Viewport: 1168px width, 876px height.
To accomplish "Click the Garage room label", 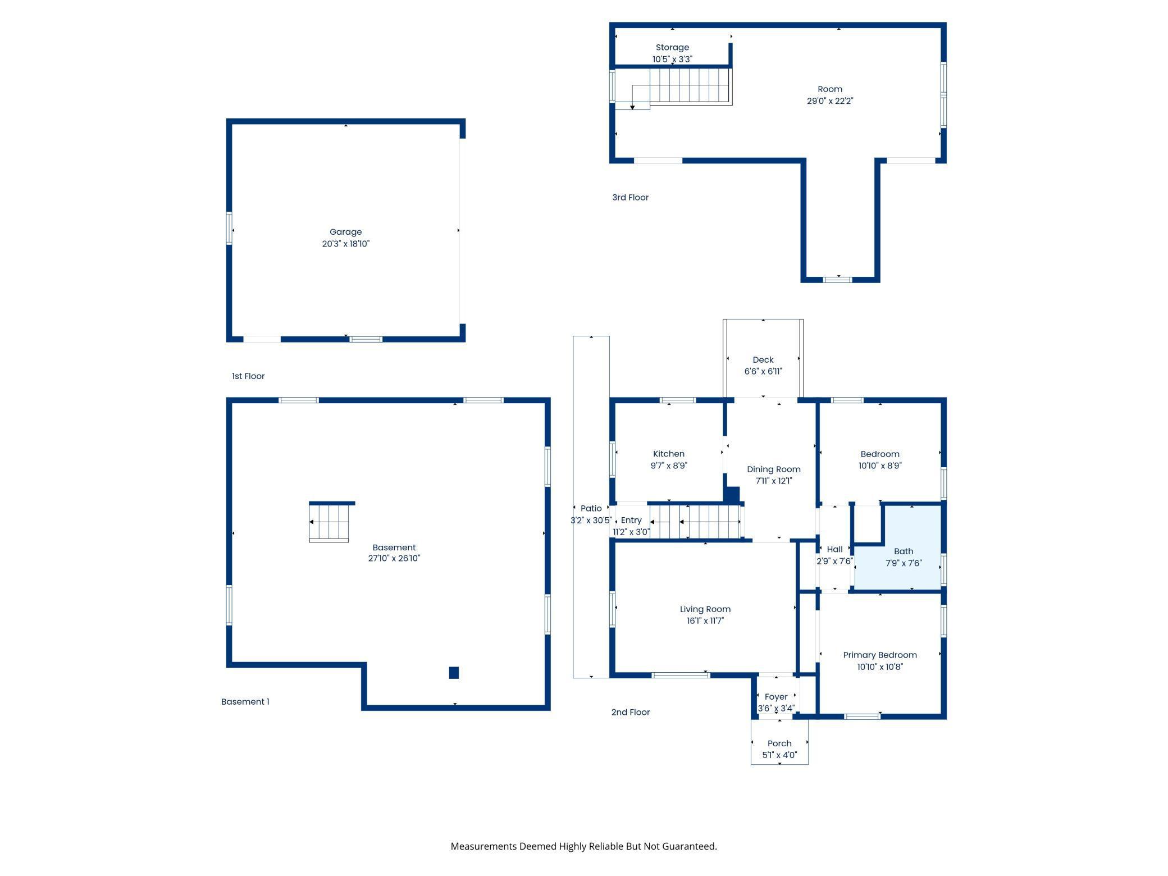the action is (345, 232).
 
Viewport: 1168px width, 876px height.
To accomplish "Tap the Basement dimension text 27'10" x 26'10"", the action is (394, 558).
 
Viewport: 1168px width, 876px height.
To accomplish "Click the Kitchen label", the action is (669, 454).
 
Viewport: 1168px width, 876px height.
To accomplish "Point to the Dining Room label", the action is (774, 469).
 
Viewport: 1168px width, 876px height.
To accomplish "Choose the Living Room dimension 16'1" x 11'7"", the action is (705, 620).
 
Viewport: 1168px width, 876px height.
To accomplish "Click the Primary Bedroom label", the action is (880, 655).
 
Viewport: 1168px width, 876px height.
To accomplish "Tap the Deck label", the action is (763, 359).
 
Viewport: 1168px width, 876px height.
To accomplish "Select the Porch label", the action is (779, 743).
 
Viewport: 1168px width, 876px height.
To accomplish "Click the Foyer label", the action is (777, 697).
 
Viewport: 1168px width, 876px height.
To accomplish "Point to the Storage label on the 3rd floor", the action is (672, 48).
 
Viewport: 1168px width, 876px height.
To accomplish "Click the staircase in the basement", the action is (329, 522).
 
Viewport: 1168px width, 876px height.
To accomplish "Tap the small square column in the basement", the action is (454, 673).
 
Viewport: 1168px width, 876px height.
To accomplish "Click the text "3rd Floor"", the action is (630, 198).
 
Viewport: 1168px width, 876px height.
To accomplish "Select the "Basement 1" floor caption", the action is (245, 702).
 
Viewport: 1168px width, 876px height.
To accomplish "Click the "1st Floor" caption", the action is (248, 376).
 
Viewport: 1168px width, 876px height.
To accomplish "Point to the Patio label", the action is (591, 508).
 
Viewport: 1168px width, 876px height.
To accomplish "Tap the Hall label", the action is (834, 549).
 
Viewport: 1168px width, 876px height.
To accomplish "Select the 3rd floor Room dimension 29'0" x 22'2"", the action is (830, 101).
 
